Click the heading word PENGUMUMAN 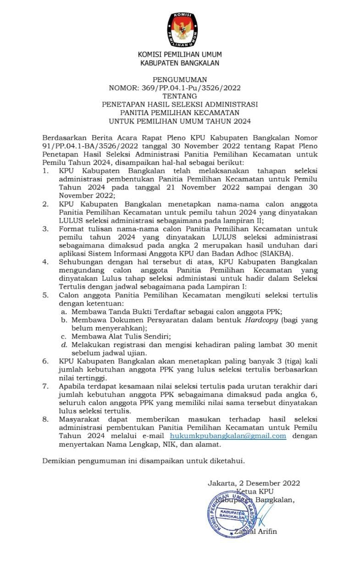pyautogui.click(x=180, y=79)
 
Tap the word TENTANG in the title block pyautogui.click(x=180, y=96)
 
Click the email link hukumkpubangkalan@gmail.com pyautogui.click(x=228, y=436)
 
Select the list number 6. pyautogui.click(x=45, y=361)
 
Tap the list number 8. pyautogui.click(x=45, y=419)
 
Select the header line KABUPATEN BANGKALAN pyautogui.click(x=180, y=63)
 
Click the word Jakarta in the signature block pyautogui.click(x=220, y=483)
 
